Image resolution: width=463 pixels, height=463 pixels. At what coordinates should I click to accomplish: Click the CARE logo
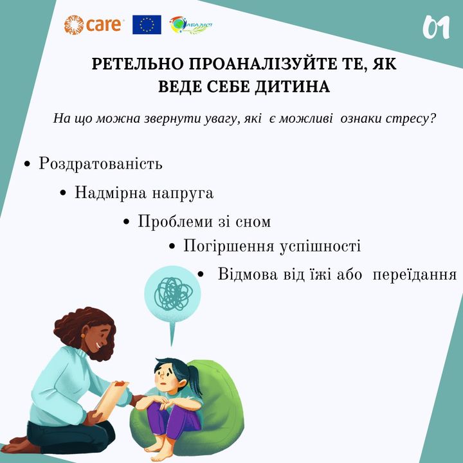(93, 25)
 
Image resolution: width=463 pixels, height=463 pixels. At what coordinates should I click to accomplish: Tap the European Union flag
(147, 25)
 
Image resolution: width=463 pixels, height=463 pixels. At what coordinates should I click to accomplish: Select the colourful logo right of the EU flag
(191, 25)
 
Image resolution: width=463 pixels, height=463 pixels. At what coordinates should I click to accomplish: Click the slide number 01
(436, 28)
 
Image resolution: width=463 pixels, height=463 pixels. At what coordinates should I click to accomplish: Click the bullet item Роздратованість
(100, 163)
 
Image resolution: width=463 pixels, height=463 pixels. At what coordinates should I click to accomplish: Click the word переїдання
(415, 275)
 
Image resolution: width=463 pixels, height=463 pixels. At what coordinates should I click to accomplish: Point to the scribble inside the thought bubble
(173, 294)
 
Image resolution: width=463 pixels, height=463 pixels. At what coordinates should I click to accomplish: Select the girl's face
(165, 377)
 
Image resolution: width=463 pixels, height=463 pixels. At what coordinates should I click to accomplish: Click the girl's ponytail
(195, 379)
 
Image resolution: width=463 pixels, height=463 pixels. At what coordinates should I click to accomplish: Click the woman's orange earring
(83, 336)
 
